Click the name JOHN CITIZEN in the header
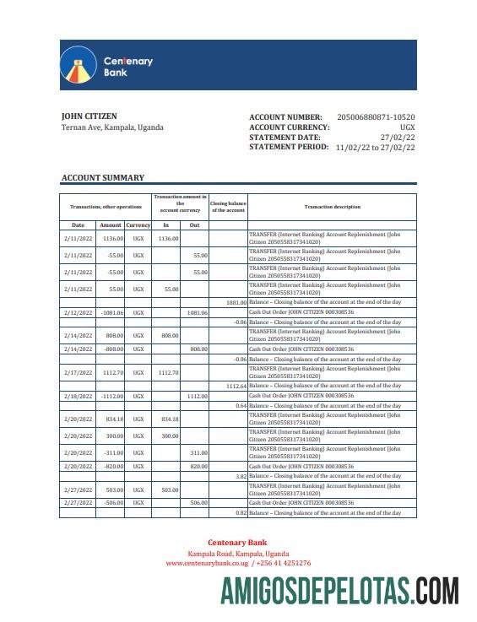coord(89,116)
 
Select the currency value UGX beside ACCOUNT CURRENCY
coord(407,127)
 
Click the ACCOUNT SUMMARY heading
coord(102,178)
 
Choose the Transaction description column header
coord(332,207)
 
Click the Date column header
coord(78,225)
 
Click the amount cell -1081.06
coord(111,312)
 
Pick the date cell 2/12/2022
coord(78,312)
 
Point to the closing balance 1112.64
coord(236,386)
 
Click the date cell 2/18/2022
coord(78,396)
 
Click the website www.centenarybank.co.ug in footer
coord(201,563)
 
